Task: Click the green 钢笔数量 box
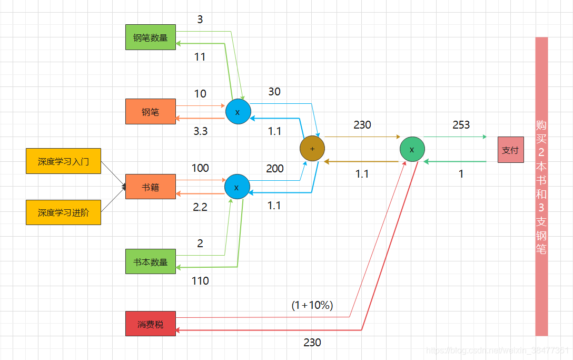pyautogui.click(x=150, y=37)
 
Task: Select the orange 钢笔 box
pyautogui.click(x=150, y=112)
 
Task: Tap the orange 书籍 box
pyautogui.click(x=150, y=187)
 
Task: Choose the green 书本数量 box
pyautogui.click(x=150, y=261)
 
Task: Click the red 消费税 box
pyautogui.click(x=150, y=324)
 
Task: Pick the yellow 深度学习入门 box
pyautogui.click(x=63, y=161)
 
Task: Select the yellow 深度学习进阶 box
pyautogui.click(x=63, y=212)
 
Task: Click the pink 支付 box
pyautogui.click(x=510, y=150)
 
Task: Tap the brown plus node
pyautogui.click(x=312, y=149)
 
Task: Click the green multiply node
pyautogui.click(x=412, y=150)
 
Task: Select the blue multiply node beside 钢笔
pyautogui.click(x=238, y=112)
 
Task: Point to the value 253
pyautogui.click(x=461, y=125)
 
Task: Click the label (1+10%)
pyautogui.click(x=312, y=305)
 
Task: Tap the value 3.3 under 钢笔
pyautogui.click(x=200, y=131)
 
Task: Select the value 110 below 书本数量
pyautogui.click(x=200, y=281)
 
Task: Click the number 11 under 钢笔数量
pyautogui.click(x=200, y=57)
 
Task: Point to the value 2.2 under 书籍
pyautogui.click(x=200, y=207)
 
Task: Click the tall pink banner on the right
pyautogui.click(x=541, y=186)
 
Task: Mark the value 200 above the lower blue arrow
pyautogui.click(x=275, y=169)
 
